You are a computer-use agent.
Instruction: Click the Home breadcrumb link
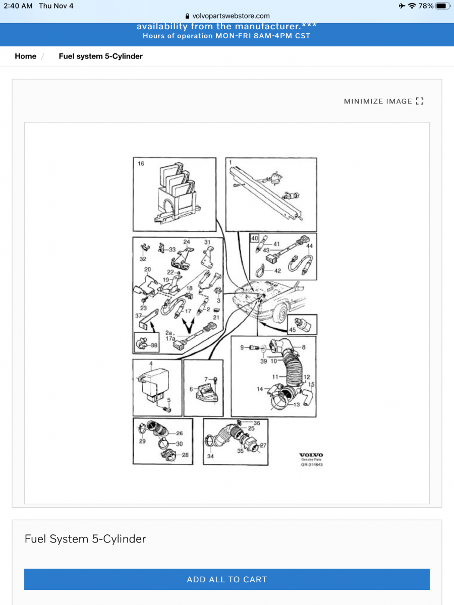25,56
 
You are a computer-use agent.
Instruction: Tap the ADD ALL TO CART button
227,579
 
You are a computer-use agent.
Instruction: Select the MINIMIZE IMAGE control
383,101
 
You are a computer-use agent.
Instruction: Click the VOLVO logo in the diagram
311,455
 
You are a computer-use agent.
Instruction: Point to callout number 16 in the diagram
141,164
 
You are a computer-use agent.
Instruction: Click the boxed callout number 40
255,238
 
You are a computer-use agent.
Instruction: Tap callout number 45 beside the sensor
292,330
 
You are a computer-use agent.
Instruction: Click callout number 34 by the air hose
210,456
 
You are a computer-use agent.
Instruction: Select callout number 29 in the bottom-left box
142,441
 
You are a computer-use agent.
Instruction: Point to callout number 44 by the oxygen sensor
310,246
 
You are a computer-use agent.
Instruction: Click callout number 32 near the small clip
143,259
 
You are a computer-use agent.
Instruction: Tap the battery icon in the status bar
442,6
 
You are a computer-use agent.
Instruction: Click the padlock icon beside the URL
188,16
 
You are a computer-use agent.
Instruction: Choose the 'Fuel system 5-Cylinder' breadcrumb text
100,56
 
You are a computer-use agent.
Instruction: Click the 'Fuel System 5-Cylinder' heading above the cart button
85,538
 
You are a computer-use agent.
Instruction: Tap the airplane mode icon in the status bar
402,6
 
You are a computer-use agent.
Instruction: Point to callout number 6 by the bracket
191,389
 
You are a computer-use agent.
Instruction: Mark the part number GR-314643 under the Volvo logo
311,464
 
